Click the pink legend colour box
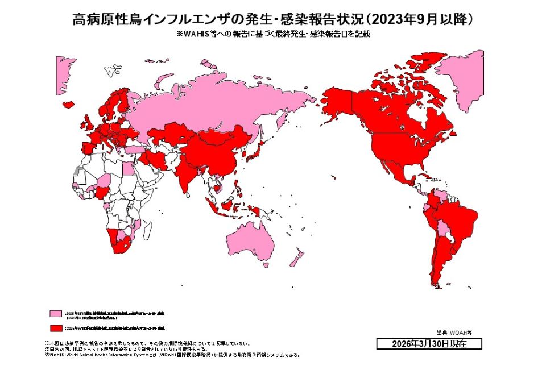56,314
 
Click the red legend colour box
56,329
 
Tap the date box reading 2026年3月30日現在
429,344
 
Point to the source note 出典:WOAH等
454,332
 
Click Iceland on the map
69,105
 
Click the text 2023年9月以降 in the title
421,19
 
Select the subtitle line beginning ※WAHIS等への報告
273,34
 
